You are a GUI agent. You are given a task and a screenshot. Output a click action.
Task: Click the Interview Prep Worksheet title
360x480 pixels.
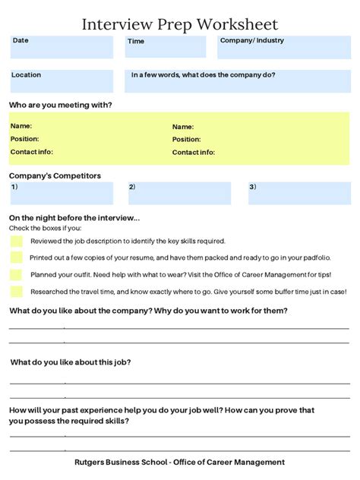click(179, 24)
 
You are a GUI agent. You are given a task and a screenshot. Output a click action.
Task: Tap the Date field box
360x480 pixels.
click(63, 47)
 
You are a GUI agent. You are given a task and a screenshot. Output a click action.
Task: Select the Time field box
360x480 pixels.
click(165, 47)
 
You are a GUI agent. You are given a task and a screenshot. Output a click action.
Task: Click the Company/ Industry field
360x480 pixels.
click(284, 47)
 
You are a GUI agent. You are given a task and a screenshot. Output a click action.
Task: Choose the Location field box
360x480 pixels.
click(61, 81)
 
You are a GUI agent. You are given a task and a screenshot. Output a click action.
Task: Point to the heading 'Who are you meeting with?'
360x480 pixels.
click(61, 105)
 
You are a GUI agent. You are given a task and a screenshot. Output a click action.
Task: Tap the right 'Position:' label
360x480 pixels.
click(187, 140)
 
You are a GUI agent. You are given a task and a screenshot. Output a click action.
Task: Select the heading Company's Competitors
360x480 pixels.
click(55, 175)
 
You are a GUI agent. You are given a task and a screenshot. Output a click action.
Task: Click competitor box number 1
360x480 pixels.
click(61, 193)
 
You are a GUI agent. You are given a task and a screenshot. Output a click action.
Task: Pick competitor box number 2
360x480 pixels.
click(179, 193)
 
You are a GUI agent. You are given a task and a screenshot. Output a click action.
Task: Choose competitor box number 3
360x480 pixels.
click(298, 193)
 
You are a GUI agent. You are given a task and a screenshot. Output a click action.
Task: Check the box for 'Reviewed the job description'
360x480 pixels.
click(17, 242)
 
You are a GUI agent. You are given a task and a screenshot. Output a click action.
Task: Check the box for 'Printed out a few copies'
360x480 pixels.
click(17, 258)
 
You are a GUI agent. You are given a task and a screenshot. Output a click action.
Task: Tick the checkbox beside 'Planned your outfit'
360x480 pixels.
click(17, 275)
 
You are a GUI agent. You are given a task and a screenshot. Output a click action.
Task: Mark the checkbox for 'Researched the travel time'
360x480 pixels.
click(17, 292)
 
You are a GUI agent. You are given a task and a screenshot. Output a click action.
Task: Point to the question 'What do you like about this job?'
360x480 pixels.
click(70, 362)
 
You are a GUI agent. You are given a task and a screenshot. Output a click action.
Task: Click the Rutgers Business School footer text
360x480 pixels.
click(179, 462)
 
